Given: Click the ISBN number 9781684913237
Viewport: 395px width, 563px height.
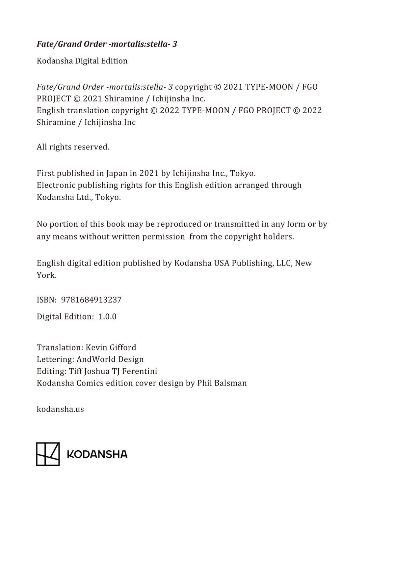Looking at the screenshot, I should [x=91, y=300].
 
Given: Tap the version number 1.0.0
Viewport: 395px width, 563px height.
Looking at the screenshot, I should [x=107, y=317].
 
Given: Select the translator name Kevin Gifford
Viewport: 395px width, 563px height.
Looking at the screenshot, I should [x=111, y=348].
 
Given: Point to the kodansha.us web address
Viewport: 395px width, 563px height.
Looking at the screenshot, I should [x=60, y=409].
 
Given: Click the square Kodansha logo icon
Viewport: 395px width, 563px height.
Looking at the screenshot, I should [x=48, y=454].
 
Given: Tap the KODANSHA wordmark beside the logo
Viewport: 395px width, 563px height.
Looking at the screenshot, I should [x=97, y=454].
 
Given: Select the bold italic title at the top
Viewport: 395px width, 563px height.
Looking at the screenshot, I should [x=107, y=44].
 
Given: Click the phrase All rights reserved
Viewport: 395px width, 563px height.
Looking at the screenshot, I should [x=73, y=147].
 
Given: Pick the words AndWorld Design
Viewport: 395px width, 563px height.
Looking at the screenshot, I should [x=110, y=359].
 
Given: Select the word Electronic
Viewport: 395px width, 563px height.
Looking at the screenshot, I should [x=56, y=185].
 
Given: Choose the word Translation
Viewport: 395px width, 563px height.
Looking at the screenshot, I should [x=59, y=348].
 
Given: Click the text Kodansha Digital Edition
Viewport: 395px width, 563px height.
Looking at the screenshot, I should [x=82, y=61].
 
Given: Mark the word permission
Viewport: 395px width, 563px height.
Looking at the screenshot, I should [x=163, y=237].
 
